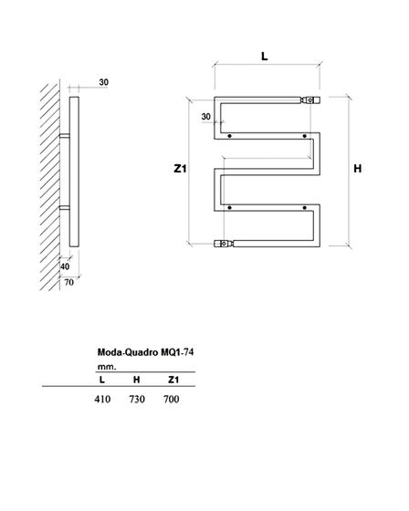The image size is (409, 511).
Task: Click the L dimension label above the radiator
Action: click(x=265, y=57)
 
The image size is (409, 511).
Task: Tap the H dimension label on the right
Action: click(x=358, y=169)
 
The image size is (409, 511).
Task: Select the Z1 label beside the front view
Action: click(x=180, y=169)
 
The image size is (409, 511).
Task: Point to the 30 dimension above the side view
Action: click(x=104, y=82)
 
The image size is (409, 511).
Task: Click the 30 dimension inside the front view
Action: click(x=206, y=117)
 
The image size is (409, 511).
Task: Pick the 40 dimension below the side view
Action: click(x=65, y=266)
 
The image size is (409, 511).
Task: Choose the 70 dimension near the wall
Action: click(x=68, y=282)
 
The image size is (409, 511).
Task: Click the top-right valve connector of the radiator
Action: click(x=310, y=100)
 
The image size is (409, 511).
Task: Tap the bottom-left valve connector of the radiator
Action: click(x=224, y=244)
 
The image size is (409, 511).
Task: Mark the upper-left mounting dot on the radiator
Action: click(x=230, y=136)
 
